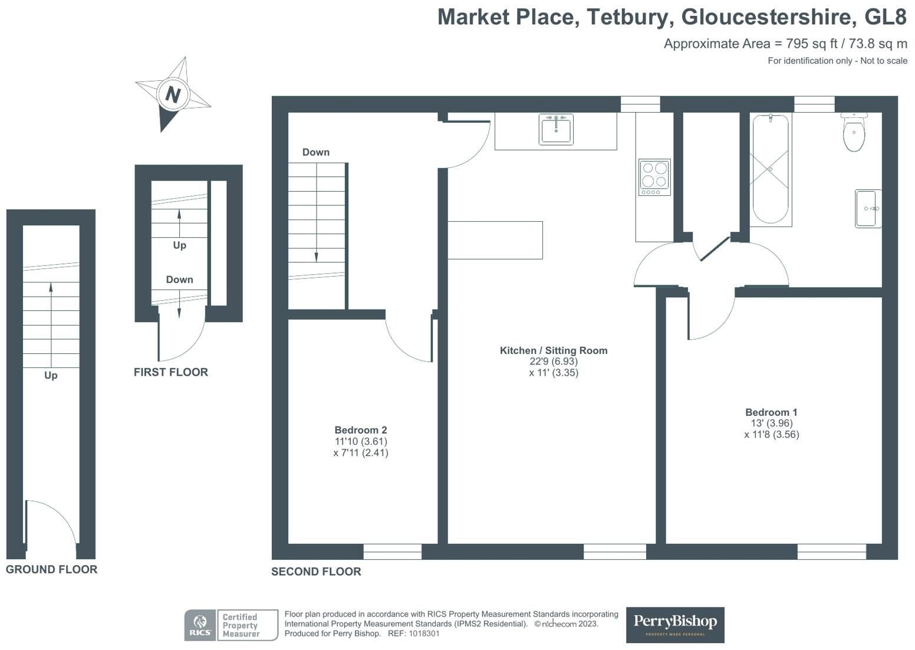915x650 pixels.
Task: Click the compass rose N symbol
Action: tap(172, 94)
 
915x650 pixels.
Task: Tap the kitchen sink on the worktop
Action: tap(555, 129)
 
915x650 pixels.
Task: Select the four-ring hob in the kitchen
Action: tap(654, 177)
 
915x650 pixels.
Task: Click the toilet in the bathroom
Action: tap(853, 133)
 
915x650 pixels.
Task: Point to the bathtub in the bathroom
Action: tap(770, 169)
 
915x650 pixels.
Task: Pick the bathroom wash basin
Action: tap(868, 208)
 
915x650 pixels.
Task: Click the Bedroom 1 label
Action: tap(771, 412)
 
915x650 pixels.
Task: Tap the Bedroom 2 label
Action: tap(360, 430)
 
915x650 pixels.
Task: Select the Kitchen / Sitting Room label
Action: tap(553, 350)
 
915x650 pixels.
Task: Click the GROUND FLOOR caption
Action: tap(51, 569)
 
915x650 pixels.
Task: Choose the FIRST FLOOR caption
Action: tap(170, 372)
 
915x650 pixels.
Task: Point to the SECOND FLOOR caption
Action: tap(316, 572)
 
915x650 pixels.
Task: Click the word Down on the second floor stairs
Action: tap(315, 152)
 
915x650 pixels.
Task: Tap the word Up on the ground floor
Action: tap(51, 375)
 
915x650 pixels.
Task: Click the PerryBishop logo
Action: tap(674, 625)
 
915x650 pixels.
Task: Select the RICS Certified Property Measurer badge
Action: tap(231, 625)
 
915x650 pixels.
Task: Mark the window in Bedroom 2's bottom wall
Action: tap(392, 551)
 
